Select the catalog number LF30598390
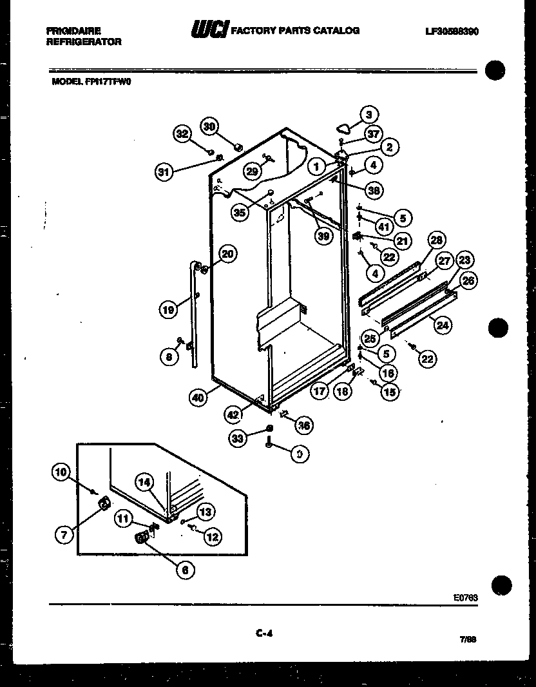click(x=451, y=31)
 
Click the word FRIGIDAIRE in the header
click(x=73, y=30)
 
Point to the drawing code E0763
click(x=466, y=597)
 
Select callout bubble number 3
click(x=368, y=115)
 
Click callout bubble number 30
click(x=209, y=126)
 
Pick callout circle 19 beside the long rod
click(x=169, y=311)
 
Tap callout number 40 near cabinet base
click(x=198, y=398)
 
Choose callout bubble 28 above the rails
click(x=436, y=241)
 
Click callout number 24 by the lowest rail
click(x=441, y=325)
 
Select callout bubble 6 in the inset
click(x=184, y=569)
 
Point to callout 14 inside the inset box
click(x=145, y=481)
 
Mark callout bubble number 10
click(x=61, y=473)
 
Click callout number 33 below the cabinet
click(x=238, y=439)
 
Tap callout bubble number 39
click(x=323, y=237)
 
